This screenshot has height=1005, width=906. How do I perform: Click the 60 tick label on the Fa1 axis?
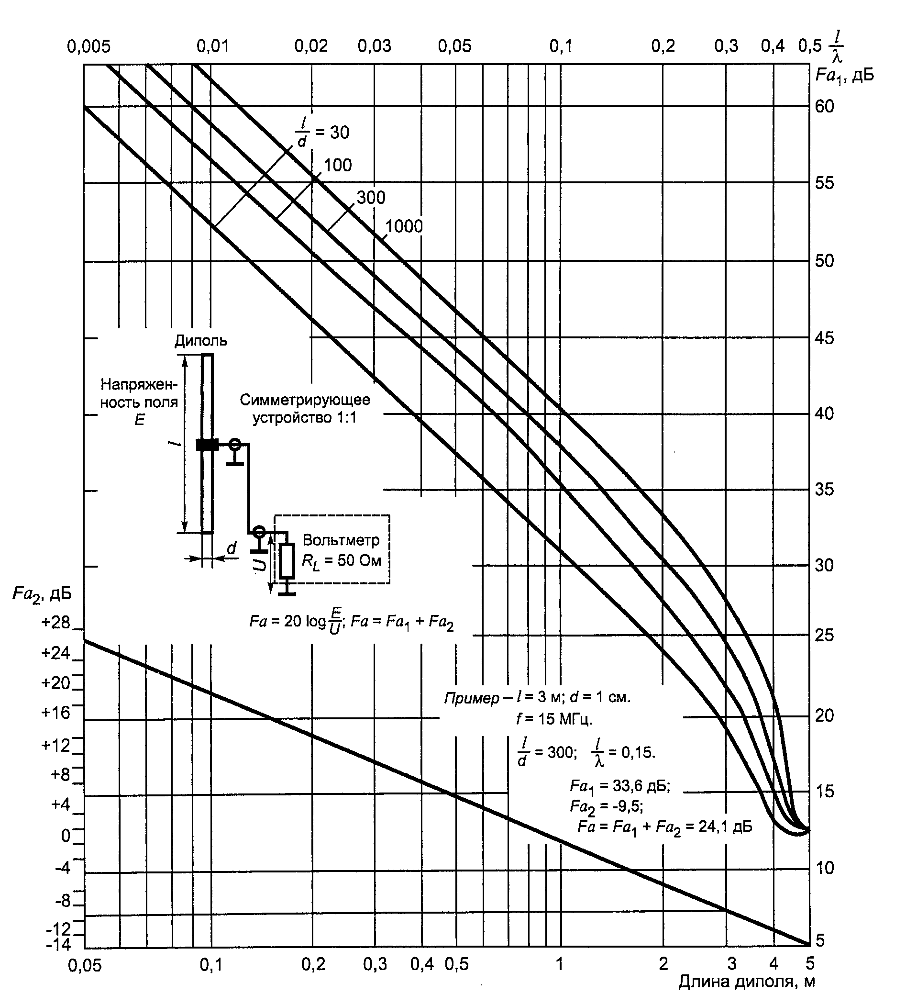click(x=824, y=106)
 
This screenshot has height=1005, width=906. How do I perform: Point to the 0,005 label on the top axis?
click(x=88, y=47)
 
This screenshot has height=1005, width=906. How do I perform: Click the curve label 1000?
click(x=404, y=226)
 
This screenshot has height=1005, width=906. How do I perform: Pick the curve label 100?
click(x=338, y=165)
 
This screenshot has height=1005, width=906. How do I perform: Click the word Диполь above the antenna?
click(x=201, y=341)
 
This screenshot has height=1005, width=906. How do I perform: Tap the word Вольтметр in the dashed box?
click(x=341, y=540)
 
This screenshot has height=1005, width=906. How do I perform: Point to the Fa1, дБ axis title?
click(x=845, y=76)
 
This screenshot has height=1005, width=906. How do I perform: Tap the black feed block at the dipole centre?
click(x=207, y=445)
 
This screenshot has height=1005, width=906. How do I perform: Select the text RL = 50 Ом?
click(x=342, y=562)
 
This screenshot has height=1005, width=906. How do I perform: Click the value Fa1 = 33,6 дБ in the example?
click(x=620, y=786)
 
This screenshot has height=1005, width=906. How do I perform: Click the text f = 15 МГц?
click(x=554, y=719)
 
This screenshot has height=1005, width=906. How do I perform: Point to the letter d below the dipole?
click(x=232, y=548)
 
